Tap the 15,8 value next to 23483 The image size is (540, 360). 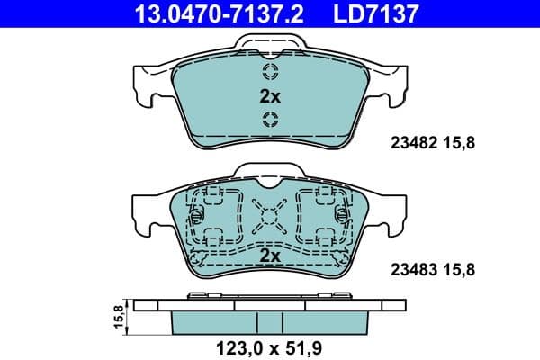click(461, 268)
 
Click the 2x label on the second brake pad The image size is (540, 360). click(269, 256)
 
